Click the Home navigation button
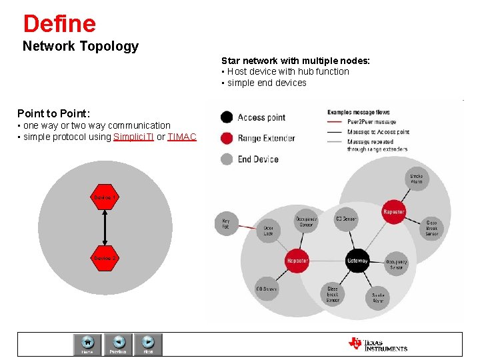coord(87,344)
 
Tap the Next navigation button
coord(148,344)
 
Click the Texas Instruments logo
coord(377,344)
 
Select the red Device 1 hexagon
coord(105,198)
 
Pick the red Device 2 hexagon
coord(105,258)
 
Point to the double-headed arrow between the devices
coord(105,228)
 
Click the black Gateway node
coord(357,261)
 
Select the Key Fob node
coord(225,223)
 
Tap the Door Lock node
coord(267,229)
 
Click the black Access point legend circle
coord(227,117)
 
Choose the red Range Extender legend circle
coord(227,138)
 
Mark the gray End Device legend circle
coord(227,159)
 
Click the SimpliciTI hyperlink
coord(133,137)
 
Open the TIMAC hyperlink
coord(182,137)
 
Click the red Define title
coord(59,24)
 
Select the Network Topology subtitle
coord(81,46)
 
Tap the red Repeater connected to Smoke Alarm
coord(393,212)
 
